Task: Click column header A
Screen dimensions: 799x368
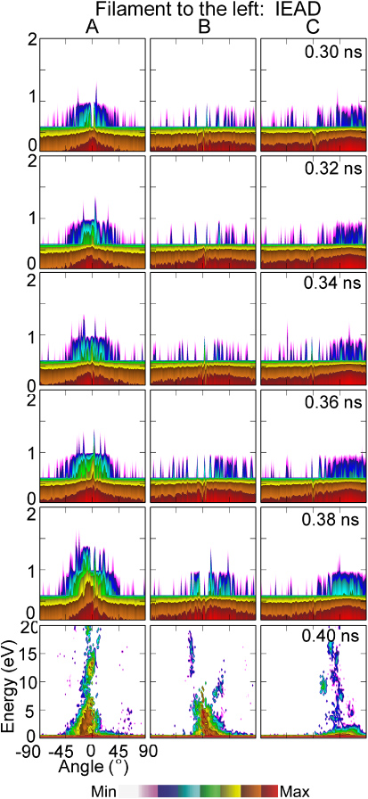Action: pyautogui.click(x=92, y=28)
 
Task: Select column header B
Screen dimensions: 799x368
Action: pyautogui.click(x=203, y=28)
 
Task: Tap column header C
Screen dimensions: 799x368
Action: pyautogui.click(x=313, y=28)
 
